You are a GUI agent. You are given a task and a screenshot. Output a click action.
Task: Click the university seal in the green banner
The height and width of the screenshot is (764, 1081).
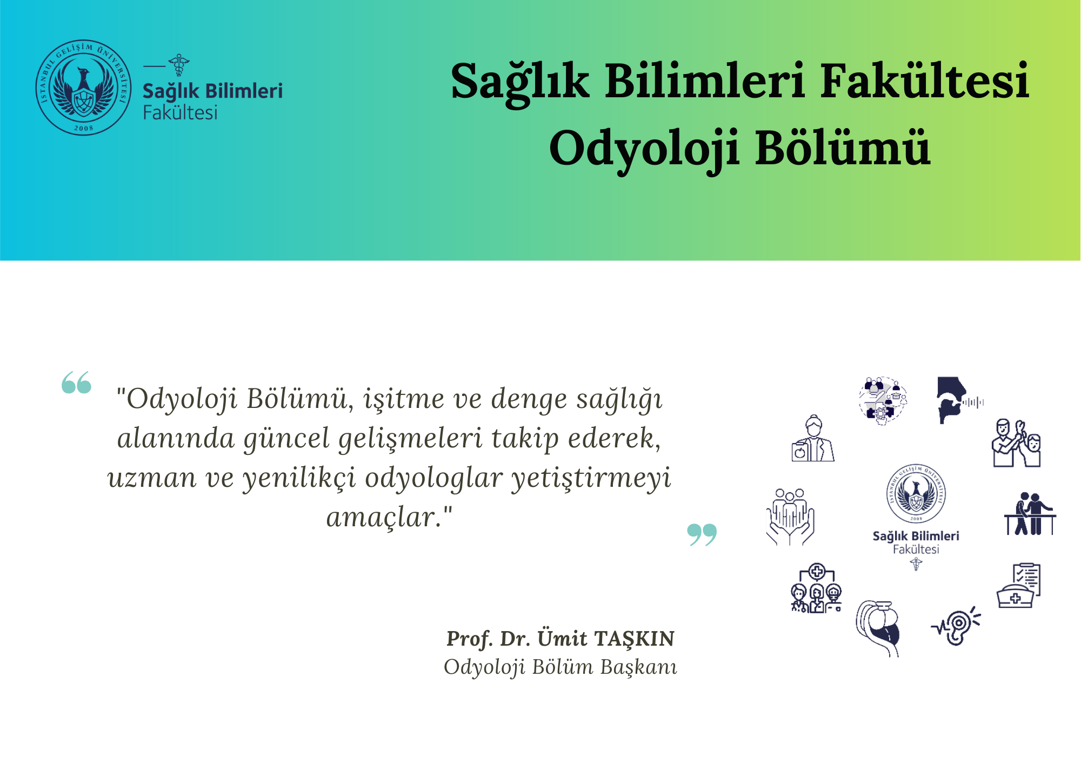83,88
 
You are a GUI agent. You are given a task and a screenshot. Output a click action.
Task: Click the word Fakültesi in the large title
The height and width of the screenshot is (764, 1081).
925,81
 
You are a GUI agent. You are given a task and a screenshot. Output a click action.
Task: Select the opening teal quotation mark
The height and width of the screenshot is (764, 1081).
76,383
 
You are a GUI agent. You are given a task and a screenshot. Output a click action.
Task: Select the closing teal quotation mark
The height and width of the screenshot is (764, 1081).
702,534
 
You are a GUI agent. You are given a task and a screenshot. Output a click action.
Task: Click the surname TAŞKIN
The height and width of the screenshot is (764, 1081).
635,639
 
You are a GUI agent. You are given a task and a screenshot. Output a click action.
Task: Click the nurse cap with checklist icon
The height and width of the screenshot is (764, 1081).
1018,586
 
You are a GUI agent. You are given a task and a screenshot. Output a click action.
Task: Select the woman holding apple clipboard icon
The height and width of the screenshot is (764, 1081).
813,438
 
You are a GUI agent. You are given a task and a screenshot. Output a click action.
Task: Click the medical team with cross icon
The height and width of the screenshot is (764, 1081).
816,588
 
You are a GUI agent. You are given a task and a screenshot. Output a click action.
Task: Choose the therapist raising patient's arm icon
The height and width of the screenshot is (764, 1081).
1017,443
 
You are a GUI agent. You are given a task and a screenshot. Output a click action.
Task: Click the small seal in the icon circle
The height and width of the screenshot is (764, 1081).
916,493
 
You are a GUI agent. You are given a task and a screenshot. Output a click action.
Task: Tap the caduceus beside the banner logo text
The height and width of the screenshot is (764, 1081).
179,65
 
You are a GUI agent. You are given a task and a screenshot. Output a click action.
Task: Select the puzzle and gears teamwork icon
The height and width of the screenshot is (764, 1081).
883,401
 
